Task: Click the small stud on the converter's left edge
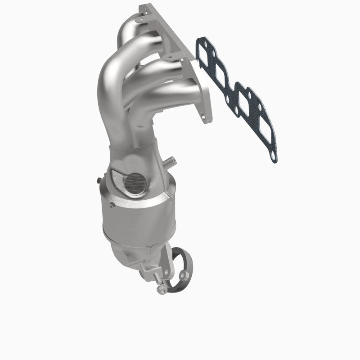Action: [98, 180]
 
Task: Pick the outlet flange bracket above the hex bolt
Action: [151, 270]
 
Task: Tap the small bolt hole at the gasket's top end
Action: [198, 42]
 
